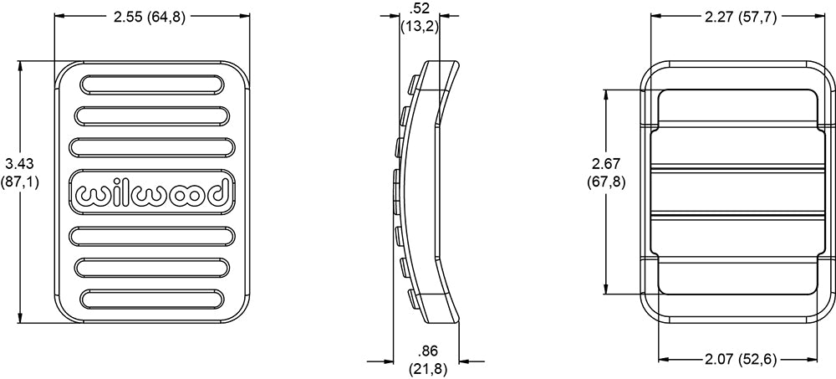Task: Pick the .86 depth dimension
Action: [427, 361]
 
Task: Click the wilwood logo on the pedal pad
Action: [152, 192]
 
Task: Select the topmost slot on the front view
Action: [152, 85]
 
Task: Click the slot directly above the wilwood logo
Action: [152, 147]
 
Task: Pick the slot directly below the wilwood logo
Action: [152, 235]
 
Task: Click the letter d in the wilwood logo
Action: [220, 192]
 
